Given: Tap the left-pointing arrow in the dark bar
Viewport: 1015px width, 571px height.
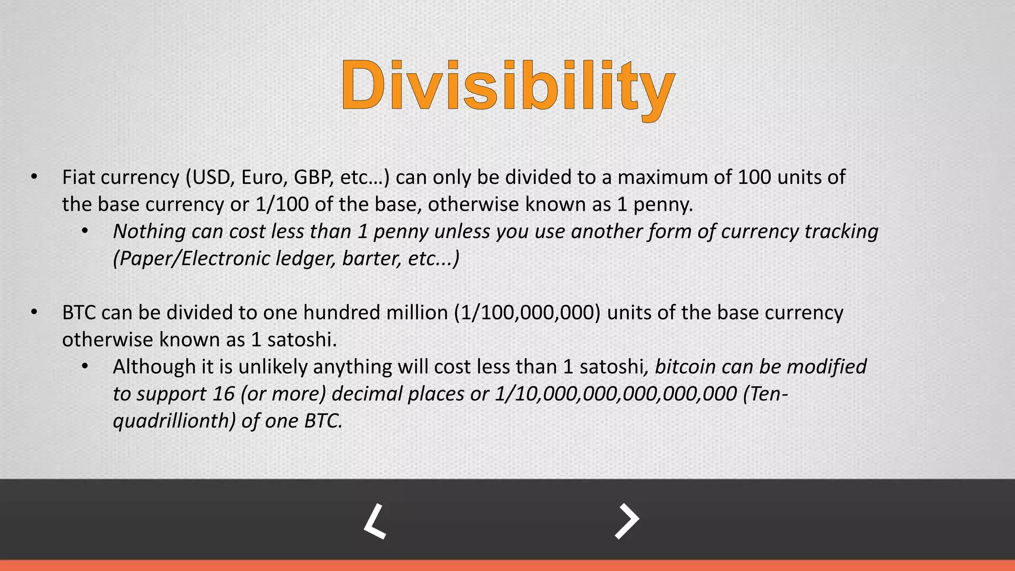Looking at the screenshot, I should pyautogui.click(x=375, y=521).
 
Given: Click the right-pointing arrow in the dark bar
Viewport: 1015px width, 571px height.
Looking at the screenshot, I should pyautogui.click(x=627, y=521).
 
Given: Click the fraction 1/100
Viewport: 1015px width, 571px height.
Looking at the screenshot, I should pyautogui.click(x=282, y=204).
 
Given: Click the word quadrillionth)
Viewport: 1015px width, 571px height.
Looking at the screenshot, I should pyautogui.click(x=174, y=421).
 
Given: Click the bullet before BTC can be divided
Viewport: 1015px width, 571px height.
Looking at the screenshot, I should pyautogui.click(x=34, y=313).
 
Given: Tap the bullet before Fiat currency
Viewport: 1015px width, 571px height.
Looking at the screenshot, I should pyautogui.click(x=34, y=177).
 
